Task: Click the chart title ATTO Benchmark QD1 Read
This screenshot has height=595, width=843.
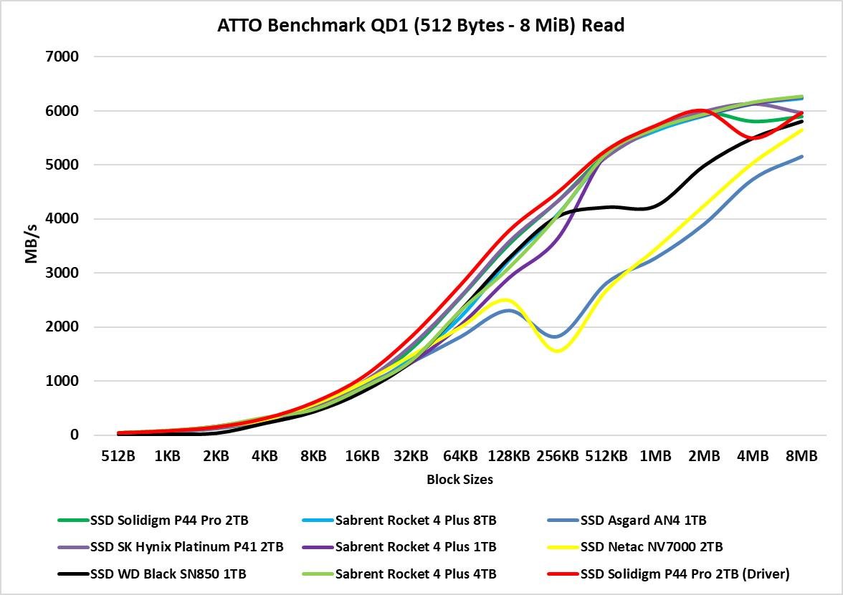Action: [x=421, y=26]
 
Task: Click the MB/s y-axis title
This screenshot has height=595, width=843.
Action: [x=32, y=245]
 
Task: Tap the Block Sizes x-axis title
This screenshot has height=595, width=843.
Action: [x=459, y=480]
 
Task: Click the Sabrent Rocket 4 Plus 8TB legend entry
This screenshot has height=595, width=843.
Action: [x=416, y=521]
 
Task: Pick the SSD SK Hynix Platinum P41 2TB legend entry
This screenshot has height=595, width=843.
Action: [x=186, y=547]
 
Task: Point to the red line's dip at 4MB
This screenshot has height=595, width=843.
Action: [x=751, y=137]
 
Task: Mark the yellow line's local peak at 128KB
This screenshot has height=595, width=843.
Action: [x=507, y=299]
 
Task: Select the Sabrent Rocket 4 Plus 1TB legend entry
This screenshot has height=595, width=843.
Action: [x=416, y=547]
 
